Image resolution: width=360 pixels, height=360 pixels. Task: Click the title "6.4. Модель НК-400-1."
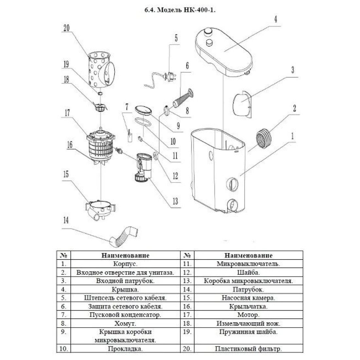pyautogui.click(x=180, y=10)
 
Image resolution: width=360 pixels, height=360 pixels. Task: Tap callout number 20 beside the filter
pyautogui.click(x=66, y=28)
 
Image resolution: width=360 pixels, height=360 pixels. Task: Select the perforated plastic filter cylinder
pyautogui.click(x=101, y=70)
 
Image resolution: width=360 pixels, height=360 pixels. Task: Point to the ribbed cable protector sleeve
pyautogui.click(x=183, y=98)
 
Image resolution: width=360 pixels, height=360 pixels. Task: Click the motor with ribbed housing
pyautogui.click(x=101, y=146)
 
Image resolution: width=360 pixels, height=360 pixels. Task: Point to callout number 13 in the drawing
pyautogui.click(x=175, y=201)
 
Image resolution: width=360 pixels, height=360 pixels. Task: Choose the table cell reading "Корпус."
pyautogui.click(x=125, y=264)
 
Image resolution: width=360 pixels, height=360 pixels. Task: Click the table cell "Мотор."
pyautogui.click(x=248, y=315)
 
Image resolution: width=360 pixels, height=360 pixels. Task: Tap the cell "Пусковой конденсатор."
pyautogui.click(x=125, y=315)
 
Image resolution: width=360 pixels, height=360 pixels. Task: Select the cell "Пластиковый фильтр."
pyautogui.click(x=248, y=349)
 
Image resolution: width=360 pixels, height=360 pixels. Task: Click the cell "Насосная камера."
pyautogui.click(x=248, y=298)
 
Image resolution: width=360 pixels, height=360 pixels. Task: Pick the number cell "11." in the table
pyautogui.click(x=187, y=264)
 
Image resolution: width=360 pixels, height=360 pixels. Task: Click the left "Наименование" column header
pyautogui.click(x=125, y=255)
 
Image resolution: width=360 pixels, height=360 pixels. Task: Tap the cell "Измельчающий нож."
pyautogui.click(x=248, y=323)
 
